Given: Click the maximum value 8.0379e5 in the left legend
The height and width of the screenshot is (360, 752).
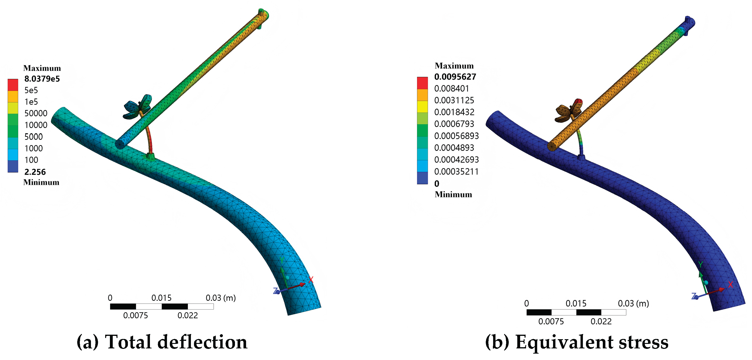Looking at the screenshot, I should coord(42,79).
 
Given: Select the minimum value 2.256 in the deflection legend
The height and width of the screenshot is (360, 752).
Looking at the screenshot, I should coord(35,172).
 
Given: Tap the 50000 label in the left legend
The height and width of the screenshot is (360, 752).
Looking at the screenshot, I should coord(36,113).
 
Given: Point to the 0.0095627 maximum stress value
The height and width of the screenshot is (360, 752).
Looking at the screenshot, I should coord(455,77).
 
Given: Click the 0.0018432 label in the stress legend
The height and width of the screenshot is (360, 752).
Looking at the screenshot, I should coord(454,112).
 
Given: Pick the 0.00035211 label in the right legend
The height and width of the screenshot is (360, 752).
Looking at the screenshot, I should coord(456,172).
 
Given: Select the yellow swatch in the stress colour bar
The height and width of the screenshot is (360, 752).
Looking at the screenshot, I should coord(422,107).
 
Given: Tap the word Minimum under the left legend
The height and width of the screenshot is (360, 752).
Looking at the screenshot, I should coord(41,182).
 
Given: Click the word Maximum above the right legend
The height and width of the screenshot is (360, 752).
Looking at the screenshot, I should coord(454,66).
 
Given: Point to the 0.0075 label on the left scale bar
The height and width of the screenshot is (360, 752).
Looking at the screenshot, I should coord(135,315).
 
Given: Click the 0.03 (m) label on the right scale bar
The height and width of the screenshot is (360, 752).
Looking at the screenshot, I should coord(633,303).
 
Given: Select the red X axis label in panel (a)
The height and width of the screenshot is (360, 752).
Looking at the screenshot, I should coord(311,280).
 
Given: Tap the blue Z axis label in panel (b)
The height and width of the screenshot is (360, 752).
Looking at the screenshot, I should coord(693,296).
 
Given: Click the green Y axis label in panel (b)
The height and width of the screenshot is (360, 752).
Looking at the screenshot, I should coord(700,265).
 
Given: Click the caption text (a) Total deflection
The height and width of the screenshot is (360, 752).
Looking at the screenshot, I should coord(162,342).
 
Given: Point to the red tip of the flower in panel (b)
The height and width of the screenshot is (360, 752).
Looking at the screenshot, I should coord(579,102).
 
